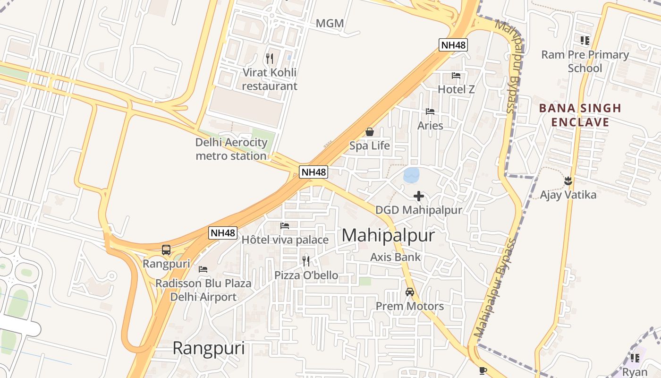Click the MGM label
[x=330, y=23]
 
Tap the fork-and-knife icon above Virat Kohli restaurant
[x=270, y=59]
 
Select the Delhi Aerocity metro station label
[x=231, y=149]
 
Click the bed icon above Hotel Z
[x=456, y=76]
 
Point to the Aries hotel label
[x=430, y=126]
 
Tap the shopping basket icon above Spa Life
[x=370, y=132]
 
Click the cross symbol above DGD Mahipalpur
[x=418, y=196]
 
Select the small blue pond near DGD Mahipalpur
[x=411, y=175]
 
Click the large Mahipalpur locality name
[x=388, y=235]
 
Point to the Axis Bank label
[x=395, y=257]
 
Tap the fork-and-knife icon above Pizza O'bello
[x=306, y=261]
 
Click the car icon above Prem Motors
[x=410, y=292]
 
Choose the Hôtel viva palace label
[x=285, y=240]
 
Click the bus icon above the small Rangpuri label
[x=166, y=250]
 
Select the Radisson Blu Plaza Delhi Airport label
[x=203, y=290]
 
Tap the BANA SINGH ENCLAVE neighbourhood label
[x=580, y=115]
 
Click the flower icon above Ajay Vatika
[x=568, y=180]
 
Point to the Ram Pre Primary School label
[x=585, y=61]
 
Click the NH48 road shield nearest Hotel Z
[x=453, y=45]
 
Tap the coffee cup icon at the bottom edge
[x=482, y=370]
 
